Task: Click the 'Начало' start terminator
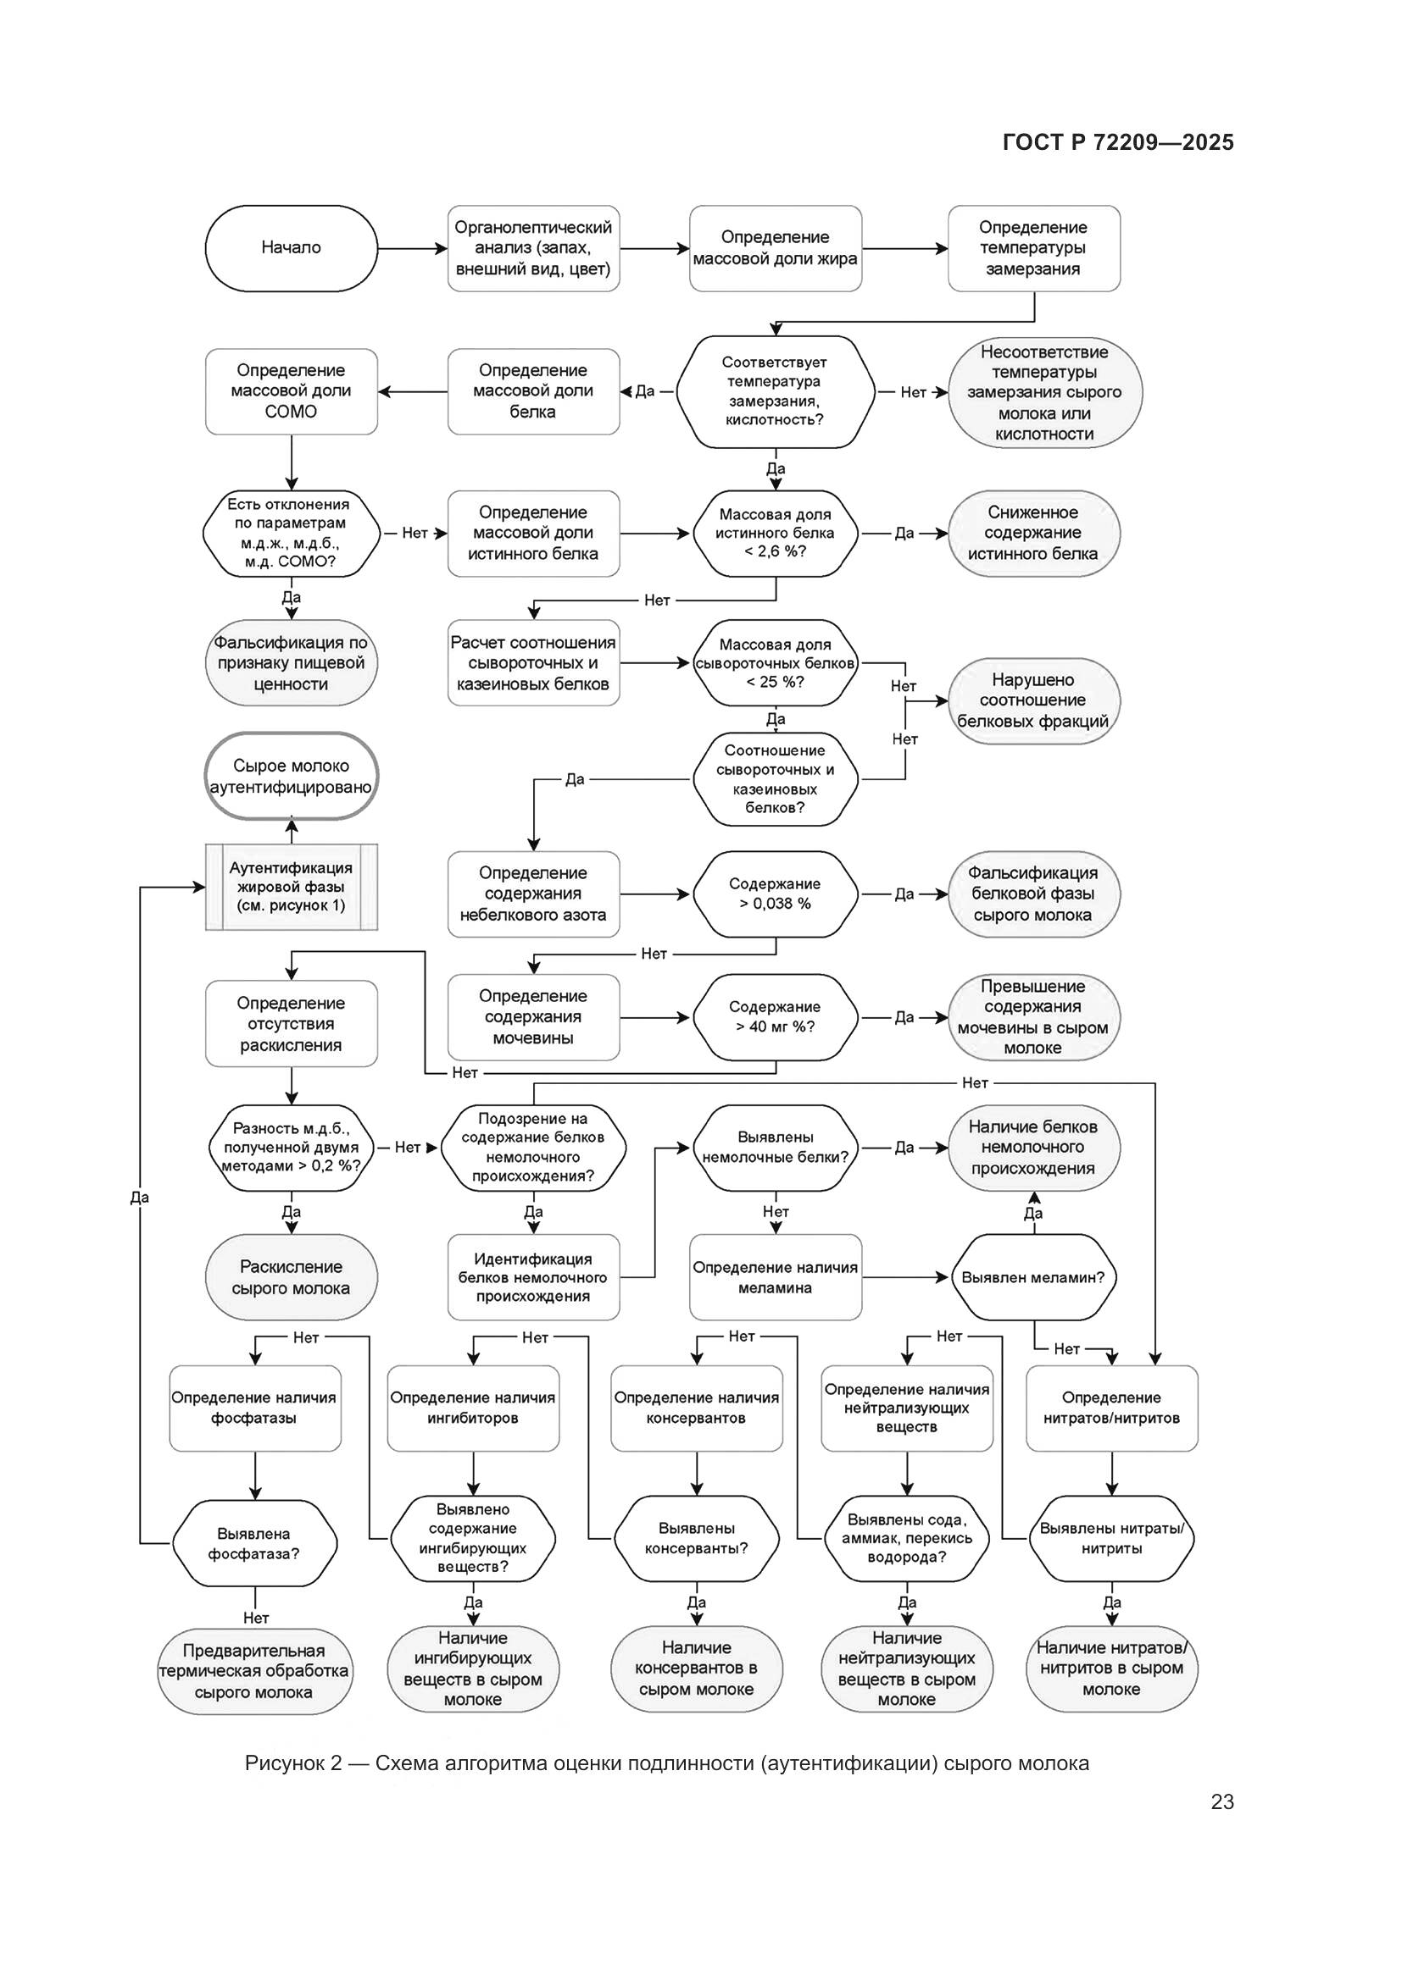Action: point(291,248)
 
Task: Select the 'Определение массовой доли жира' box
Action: point(776,248)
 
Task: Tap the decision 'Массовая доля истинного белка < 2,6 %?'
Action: point(776,534)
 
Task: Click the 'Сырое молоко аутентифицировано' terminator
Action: point(291,776)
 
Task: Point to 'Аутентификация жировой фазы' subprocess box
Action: point(291,887)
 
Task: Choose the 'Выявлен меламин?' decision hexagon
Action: point(1032,1277)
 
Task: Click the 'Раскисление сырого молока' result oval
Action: point(291,1277)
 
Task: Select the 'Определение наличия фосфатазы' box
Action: point(254,1408)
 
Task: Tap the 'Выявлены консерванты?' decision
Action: point(696,1538)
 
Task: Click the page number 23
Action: point(1221,1801)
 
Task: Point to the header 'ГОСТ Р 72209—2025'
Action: point(1118,142)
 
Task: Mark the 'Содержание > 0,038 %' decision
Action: point(776,894)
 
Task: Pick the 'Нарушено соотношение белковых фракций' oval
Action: point(1032,700)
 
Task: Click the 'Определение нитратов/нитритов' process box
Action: point(1111,1408)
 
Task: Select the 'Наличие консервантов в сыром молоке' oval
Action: point(696,1668)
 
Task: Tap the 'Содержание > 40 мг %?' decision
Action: point(776,1017)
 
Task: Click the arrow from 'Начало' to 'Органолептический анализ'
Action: point(412,248)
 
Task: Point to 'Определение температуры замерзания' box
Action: point(1033,248)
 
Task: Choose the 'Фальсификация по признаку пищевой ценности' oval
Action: point(291,662)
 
